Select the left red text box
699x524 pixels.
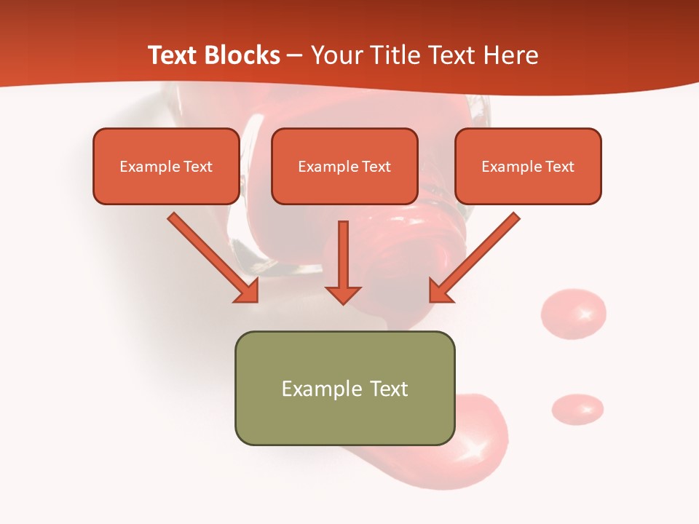pyautogui.click(x=166, y=166)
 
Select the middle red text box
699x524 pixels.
pyautogui.click(x=344, y=166)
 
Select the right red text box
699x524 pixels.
pyautogui.click(x=528, y=166)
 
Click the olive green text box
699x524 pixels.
pyautogui.click(x=344, y=388)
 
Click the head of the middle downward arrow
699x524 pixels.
pyautogui.click(x=343, y=295)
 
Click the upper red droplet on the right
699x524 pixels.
pyautogui.click(x=573, y=314)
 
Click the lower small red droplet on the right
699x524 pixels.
pyautogui.click(x=577, y=408)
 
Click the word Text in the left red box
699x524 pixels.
pyautogui.click(x=197, y=167)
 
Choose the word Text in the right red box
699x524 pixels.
pyautogui.click(x=559, y=167)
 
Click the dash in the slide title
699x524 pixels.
pyautogui.click(x=295, y=56)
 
